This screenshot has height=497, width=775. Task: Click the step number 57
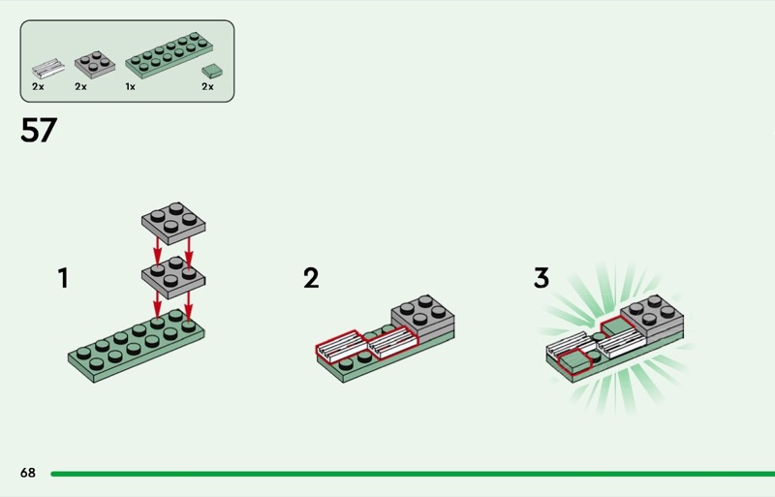point(39,131)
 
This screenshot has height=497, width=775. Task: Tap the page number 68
point(27,473)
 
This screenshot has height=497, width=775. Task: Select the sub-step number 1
point(63,279)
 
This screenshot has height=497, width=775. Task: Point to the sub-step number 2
point(310,279)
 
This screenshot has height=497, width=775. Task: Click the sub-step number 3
point(541,279)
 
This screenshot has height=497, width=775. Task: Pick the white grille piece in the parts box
point(46,68)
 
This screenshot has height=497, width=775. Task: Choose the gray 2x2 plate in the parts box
point(90,63)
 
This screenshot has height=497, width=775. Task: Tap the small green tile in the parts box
point(210,72)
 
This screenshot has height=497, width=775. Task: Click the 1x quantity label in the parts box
point(130,87)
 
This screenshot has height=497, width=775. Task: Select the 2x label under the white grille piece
point(38,87)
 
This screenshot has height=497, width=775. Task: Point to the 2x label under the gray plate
point(80,87)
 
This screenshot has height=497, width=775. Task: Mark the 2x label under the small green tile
point(207,87)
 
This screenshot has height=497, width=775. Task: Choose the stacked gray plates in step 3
point(655,319)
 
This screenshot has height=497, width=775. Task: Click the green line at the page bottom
point(407,474)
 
